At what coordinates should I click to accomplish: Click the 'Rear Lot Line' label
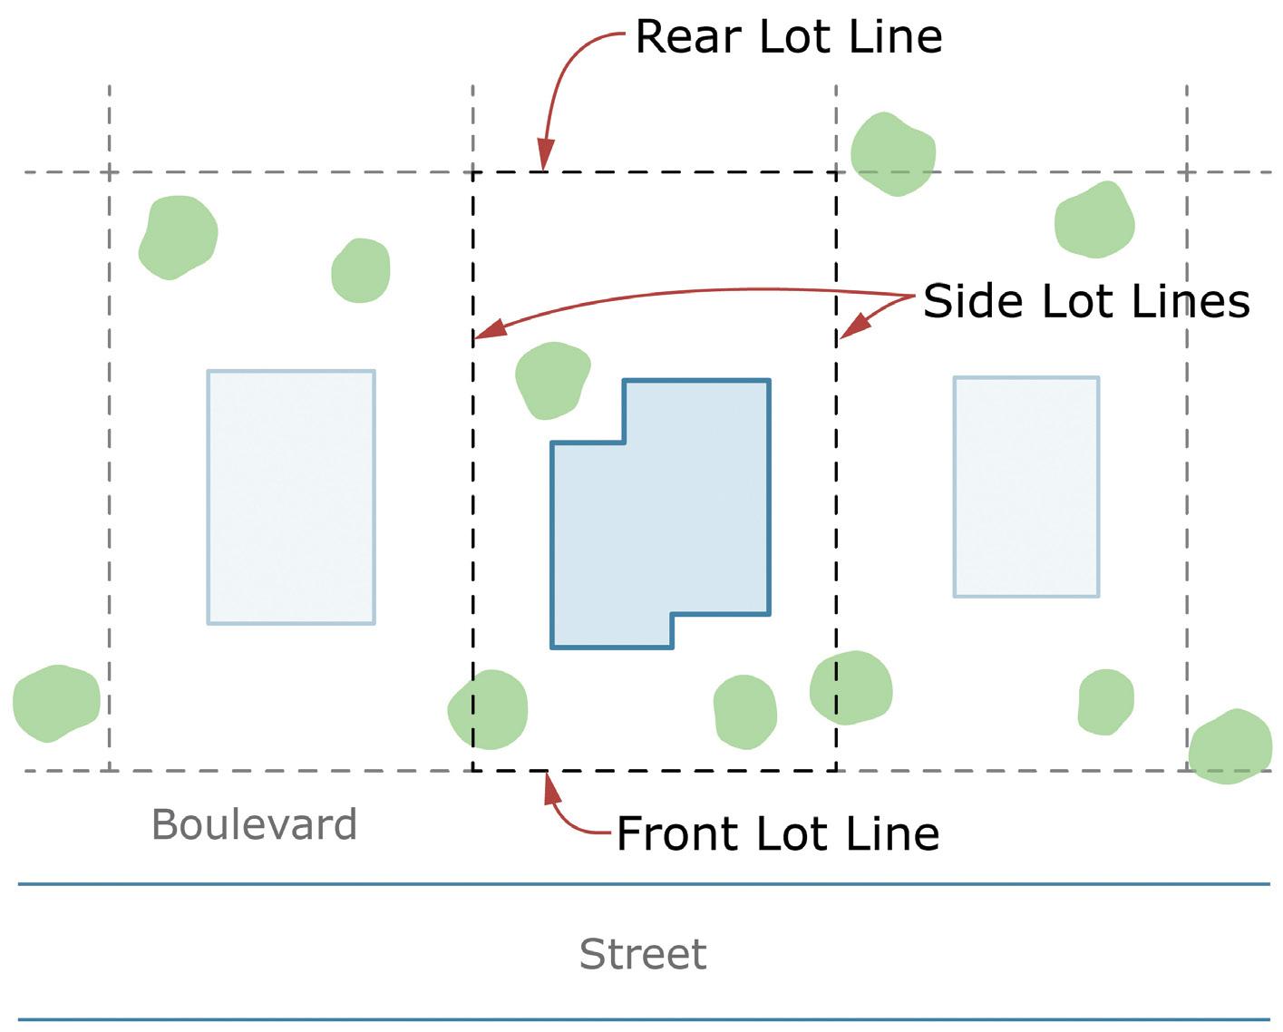(788, 37)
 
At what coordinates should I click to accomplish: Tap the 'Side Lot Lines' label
(1086, 300)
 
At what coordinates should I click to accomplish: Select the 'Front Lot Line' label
(777, 833)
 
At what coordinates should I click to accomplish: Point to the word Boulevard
(254, 824)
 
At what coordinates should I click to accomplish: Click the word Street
(642, 954)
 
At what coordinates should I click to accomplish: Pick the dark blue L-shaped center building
(671, 526)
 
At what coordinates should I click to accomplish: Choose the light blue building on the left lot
(291, 497)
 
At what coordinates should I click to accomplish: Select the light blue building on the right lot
(1026, 487)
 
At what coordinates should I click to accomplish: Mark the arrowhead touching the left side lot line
(484, 334)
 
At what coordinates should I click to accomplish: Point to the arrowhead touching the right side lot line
(847, 332)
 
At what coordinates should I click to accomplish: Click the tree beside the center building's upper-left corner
(551, 380)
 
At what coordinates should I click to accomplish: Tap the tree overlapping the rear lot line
(893, 154)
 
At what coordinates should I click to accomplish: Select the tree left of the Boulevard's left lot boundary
(56, 702)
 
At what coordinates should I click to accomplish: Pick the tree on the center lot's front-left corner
(489, 709)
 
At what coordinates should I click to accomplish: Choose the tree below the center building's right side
(745, 712)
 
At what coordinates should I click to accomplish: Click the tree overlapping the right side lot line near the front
(850, 688)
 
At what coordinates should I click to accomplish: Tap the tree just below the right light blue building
(1106, 702)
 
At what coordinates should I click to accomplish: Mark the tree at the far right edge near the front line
(1230, 745)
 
